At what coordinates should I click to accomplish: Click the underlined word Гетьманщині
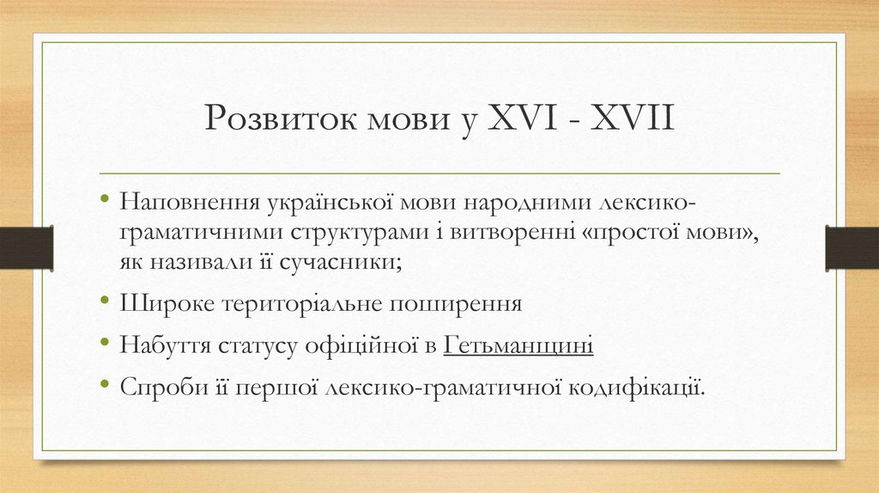coord(518,345)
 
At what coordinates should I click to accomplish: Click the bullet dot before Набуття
coord(105,344)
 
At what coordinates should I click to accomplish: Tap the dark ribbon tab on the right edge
coord(852,247)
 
